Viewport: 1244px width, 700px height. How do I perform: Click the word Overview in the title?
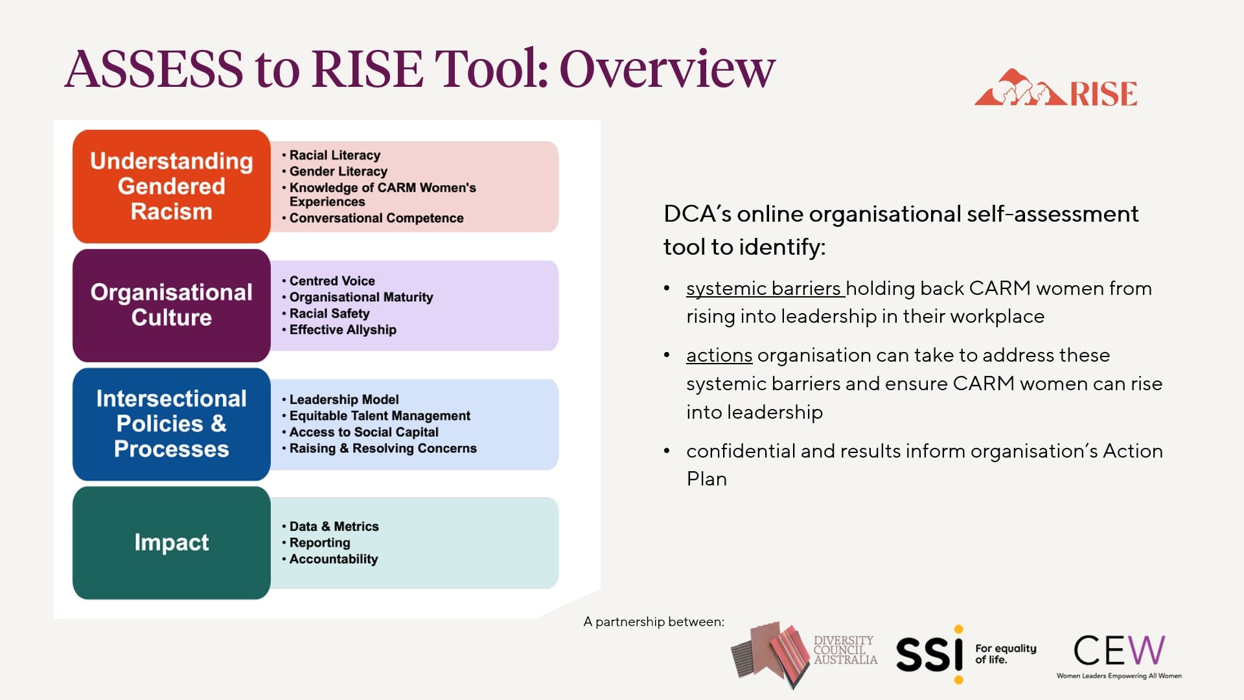click(x=667, y=69)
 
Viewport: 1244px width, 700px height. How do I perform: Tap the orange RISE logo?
click(x=1056, y=89)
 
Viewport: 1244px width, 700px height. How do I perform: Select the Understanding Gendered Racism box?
click(x=171, y=187)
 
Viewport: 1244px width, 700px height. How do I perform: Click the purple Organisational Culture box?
click(x=171, y=305)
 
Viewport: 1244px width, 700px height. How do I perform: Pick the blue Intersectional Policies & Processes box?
click(x=171, y=424)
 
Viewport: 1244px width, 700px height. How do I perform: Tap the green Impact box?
click(x=171, y=542)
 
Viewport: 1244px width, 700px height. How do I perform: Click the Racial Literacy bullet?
click(x=334, y=156)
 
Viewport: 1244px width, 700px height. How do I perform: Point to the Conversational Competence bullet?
click(x=376, y=218)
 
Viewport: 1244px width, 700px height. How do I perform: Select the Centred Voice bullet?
click(x=332, y=281)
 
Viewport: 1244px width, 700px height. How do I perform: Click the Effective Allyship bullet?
click(x=342, y=330)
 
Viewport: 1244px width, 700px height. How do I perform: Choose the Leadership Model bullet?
click(x=343, y=400)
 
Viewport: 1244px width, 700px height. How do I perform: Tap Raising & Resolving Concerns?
click(x=382, y=449)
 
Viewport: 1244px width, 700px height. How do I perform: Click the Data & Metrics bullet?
click(x=334, y=527)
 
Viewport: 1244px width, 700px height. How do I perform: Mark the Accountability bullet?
click(x=333, y=559)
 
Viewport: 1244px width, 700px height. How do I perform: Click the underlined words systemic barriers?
click(x=765, y=288)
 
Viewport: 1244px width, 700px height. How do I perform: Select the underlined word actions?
click(x=719, y=356)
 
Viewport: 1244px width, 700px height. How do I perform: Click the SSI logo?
click(x=929, y=653)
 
